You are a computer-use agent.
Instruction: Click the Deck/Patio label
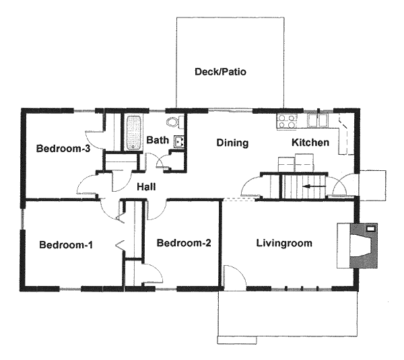point(220,71)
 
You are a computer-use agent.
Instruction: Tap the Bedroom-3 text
point(63,148)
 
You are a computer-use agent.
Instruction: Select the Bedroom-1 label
point(66,245)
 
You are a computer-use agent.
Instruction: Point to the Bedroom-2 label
point(184,243)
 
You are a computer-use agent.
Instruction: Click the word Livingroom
point(284,244)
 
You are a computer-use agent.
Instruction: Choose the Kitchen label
point(310,143)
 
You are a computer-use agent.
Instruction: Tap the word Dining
point(232,143)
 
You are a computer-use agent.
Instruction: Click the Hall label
point(146,186)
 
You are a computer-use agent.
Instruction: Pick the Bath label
point(158,140)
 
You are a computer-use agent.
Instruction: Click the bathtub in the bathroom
point(133,133)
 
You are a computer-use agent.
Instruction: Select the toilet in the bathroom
point(175,122)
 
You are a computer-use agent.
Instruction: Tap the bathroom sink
point(179,141)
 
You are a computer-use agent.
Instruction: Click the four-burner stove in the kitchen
point(287,122)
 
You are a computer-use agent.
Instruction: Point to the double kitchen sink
point(318,120)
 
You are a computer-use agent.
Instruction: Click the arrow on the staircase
point(314,186)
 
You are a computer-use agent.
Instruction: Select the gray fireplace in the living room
point(364,246)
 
